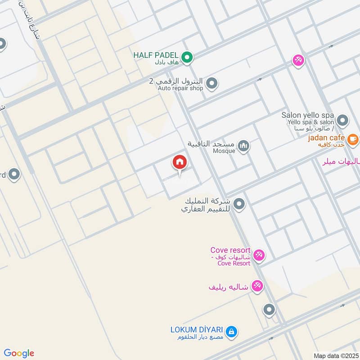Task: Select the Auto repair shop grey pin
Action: (211, 83)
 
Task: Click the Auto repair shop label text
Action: (180, 88)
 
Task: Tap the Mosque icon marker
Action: (243, 146)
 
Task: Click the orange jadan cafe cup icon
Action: (353, 139)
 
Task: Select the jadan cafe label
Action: (326, 138)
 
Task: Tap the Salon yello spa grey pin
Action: (343, 120)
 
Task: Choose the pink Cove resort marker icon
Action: (258, 256)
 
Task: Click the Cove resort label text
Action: (230, 250)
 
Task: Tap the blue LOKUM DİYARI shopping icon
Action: (231, 332)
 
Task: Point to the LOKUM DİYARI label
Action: (197, 329)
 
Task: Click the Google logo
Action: (19, 353)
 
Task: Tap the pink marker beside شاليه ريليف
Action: (257, 286)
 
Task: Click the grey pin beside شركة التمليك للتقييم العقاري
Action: (239, 204)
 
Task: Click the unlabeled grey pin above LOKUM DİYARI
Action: (269, 309)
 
